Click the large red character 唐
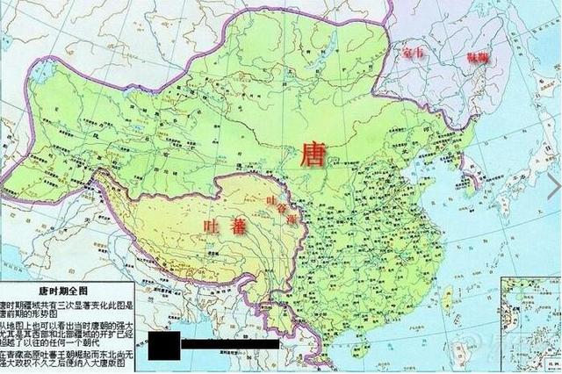(313, 155)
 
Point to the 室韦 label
(414, 54)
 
